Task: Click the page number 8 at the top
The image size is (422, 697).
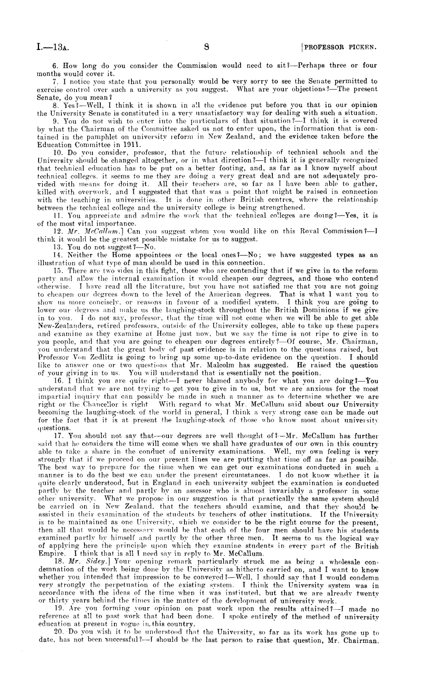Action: pyautogui.click(x=207, y=47)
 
